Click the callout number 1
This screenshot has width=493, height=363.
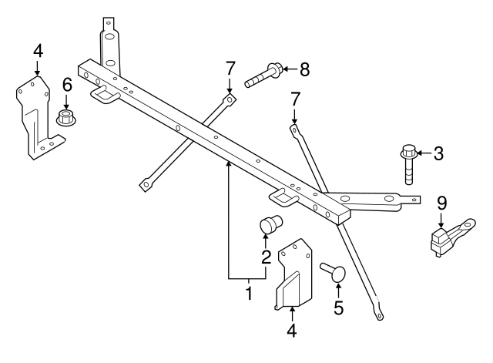tap(248, 293)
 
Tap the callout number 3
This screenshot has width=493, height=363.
tap(438, 153)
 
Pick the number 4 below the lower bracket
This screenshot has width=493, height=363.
tap(291, 331)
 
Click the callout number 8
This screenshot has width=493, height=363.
tap(304, 70)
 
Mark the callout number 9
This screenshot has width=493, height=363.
tap(441, 203)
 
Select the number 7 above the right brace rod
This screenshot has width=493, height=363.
tap(294, 100)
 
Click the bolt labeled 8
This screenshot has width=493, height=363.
tap(263, 76)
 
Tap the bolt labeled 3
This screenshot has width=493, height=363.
tap(408, 164)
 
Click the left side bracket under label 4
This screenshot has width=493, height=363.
tap(35, 116)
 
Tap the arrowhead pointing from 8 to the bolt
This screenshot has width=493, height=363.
tap(283, 69)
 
